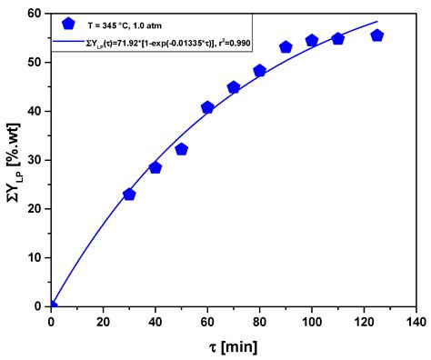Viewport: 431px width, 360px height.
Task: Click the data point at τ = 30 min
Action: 129,195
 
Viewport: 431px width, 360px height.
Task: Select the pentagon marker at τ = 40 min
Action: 155,167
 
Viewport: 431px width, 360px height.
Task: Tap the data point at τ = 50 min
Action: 182,149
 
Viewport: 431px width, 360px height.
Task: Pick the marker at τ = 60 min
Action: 207,107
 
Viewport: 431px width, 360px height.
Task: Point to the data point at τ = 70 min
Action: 234,88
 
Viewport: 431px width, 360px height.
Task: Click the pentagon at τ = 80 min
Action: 260,70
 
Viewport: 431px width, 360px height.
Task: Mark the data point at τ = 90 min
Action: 286,46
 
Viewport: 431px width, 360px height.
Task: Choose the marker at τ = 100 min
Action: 312,41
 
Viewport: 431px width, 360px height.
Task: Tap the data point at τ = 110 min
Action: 338,39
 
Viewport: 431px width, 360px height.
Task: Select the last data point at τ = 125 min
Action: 377,35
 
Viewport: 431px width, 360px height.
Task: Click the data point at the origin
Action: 52,305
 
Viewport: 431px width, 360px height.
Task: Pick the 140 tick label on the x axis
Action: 416,321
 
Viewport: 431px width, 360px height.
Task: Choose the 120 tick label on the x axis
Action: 364,321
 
